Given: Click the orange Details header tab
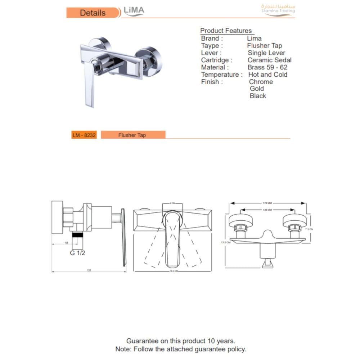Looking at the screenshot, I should coord(93,13).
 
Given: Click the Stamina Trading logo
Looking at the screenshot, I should coord(278,9).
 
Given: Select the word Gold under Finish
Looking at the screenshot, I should coord(257,89).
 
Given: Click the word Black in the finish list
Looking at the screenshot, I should coord(258,96).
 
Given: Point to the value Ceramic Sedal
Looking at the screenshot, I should coord(269,60).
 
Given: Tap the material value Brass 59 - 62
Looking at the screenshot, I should coord(267,67).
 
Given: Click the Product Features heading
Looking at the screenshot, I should coord(226,31).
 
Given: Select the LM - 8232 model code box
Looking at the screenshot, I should coord(84,135).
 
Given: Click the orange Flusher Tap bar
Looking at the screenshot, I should coord(132,135).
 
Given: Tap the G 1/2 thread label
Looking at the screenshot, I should coord(78,253).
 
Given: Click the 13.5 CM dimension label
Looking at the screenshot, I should coord(225,243).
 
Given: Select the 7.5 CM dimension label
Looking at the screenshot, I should coord(309,229).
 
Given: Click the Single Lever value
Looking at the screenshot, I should coord(266,53).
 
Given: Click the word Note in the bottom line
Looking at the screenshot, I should coord(123,349).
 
